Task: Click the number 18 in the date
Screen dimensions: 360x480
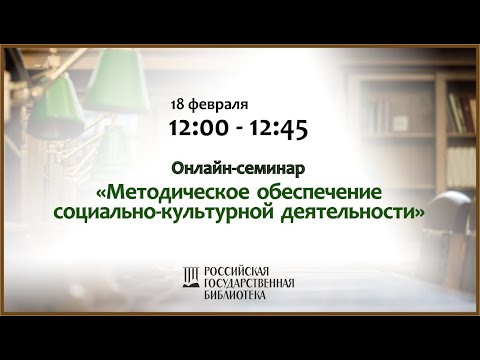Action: pyautogui.click(x=179, y=105)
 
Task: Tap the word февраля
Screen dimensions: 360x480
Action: pyautogui.click(x=218, y=105)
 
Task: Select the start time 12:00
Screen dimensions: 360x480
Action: pyautogui.click(x=195, y=128)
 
